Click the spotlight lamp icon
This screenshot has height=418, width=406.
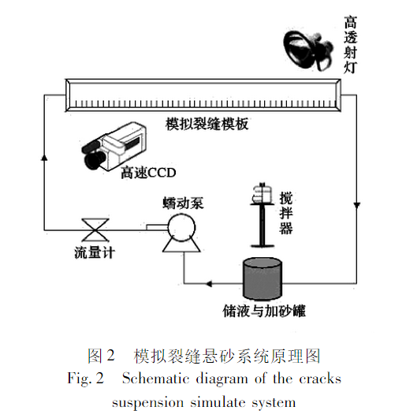pyautogui.click(x=308, y=48)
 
